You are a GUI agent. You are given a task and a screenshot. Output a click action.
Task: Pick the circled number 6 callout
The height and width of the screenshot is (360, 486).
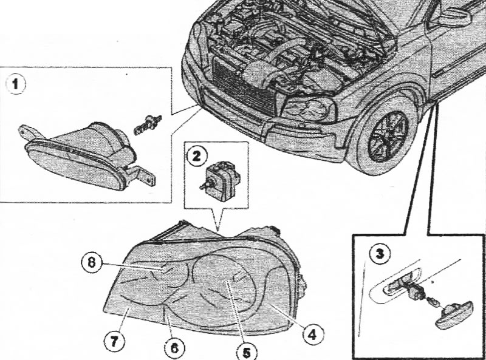[174, 348]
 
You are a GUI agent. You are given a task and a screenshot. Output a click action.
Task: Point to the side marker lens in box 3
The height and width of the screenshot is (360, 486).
[454, 314]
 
